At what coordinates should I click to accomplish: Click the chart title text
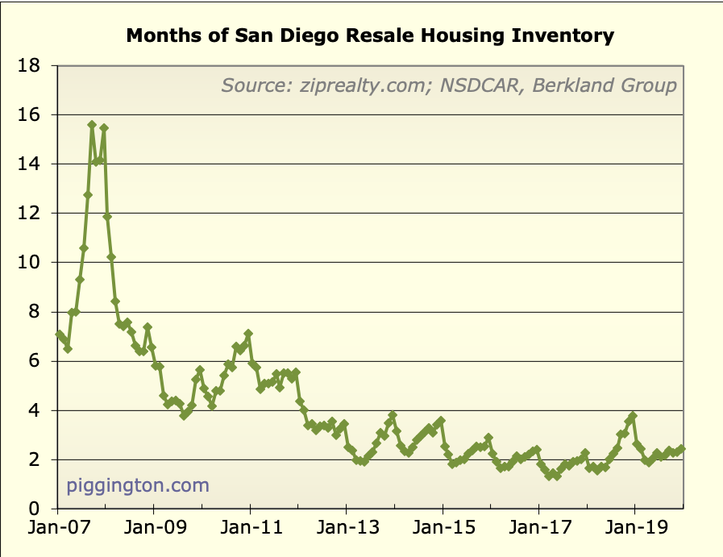[370, 36]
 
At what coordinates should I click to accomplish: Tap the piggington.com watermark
[138, 485]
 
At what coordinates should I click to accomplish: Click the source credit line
[449, 85]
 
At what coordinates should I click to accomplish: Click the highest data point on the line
[92, 125]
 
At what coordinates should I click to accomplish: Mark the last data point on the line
[682, 449]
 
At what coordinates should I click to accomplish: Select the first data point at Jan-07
[59, 334]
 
